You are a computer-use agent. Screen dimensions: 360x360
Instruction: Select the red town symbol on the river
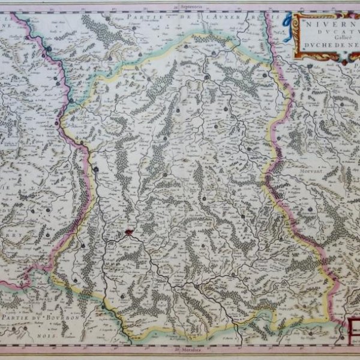[x=128, y=231]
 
